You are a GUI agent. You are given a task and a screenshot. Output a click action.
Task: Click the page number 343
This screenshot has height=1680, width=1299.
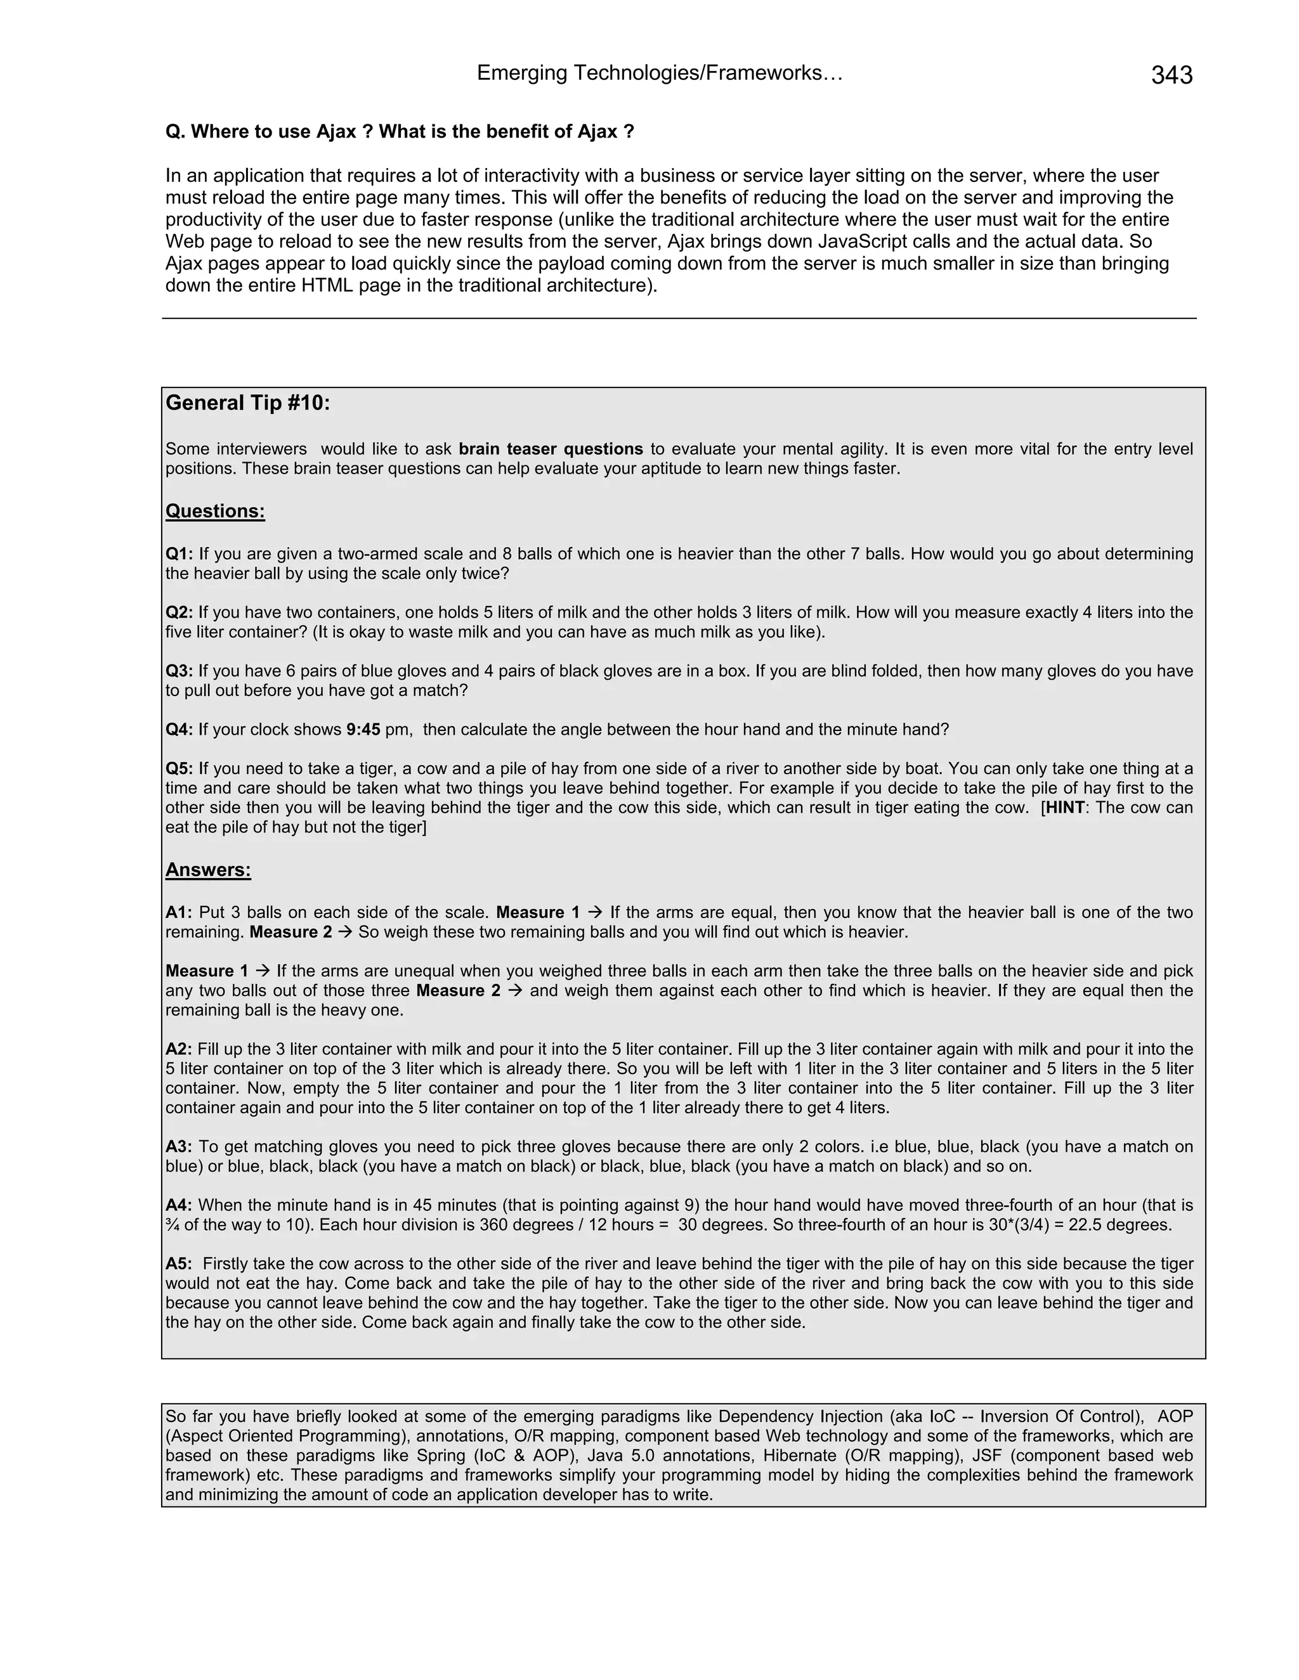[x=1172, y=75]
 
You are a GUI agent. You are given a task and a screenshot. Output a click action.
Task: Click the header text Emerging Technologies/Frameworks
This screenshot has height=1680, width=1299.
[x=660, y=73]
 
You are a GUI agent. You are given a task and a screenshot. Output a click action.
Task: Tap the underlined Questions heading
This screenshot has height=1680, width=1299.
[x=216, y=512]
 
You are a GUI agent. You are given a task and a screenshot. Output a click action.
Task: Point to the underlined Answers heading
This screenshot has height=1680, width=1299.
[x=208, y=870]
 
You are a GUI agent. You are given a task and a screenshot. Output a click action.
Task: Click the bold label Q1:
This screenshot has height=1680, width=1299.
[x=180, y=554]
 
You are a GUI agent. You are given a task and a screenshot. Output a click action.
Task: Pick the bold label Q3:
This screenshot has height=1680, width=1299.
[x=180, y=671]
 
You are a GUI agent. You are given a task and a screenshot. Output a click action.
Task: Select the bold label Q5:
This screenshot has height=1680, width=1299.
[x=180, y=768]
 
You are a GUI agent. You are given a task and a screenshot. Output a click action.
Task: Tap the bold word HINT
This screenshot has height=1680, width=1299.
[x=1064, y=808]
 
